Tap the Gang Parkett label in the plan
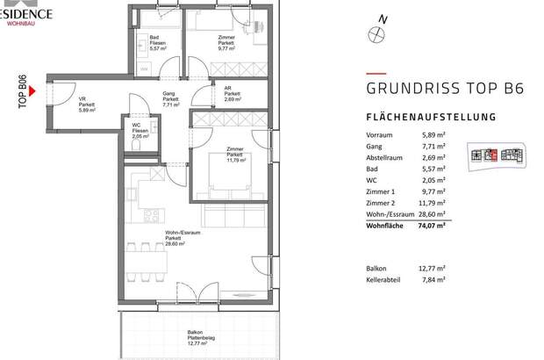point(170,98)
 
